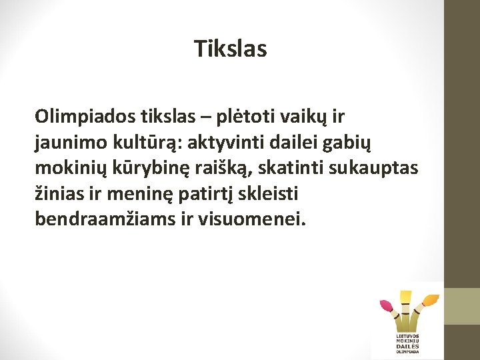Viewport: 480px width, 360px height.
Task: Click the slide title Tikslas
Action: [231, 49]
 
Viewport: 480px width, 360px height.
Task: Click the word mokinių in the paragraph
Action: [65, 168]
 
